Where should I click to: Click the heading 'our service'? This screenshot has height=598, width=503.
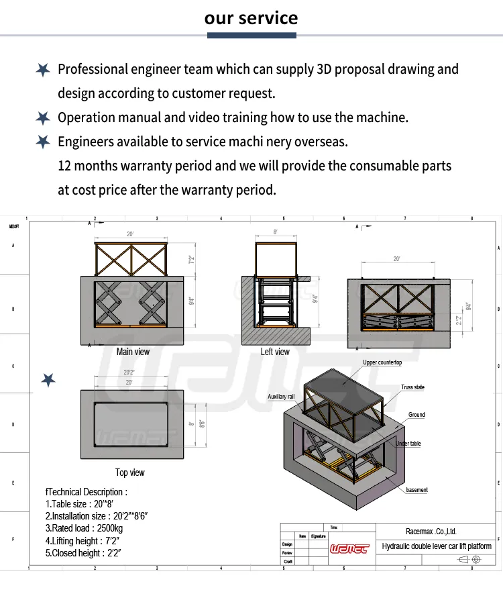coord(251,17)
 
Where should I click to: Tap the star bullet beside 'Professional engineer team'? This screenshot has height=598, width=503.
coord(43,69)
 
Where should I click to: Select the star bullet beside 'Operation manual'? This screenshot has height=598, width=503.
coord(43,117)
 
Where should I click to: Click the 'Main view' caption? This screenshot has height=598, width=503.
coord(133,352)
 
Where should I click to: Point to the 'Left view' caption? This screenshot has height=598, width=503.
coord(275,352)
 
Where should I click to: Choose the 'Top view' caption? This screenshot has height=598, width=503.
coord(130,472)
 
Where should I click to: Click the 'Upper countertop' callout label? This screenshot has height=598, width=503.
coord(382,362)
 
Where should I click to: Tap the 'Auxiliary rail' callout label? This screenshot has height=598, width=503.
coord(281,397)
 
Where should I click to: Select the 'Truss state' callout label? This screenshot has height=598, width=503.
coord(412,387)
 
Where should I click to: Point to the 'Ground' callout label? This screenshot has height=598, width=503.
coord(416,415)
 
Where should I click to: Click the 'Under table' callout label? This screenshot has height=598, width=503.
coord(408,444)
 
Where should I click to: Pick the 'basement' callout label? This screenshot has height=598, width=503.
coord(416,490)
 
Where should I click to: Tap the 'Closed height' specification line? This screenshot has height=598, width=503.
coord(82,553)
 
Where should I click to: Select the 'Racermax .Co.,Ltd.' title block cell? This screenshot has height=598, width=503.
coord(431,532)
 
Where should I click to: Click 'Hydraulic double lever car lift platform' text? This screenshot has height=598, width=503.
coord(437,546)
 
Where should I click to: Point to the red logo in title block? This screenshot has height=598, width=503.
coord(349,548)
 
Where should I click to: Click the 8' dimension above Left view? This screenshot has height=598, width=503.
coord(275,232)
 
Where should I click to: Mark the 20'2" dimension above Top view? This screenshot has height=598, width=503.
coord(130,372)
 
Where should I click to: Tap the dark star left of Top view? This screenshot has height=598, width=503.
coord(48,380)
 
